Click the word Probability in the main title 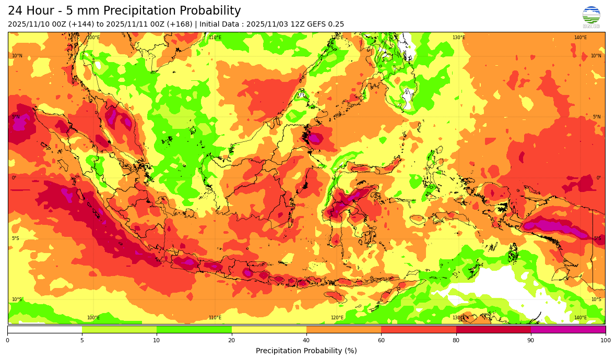(207, 11)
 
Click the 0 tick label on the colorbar (7, 341)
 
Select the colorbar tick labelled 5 (82, 341)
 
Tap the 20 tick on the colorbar (231, 341)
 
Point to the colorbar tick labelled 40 (306, 341)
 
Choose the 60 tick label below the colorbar (381, 341)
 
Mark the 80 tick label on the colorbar (456, 341)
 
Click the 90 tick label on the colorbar (531, 341)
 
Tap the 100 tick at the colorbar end (605, 341)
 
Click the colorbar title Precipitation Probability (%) (306, 351)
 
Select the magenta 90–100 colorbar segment (568, 330)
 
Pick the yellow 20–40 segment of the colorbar (269, 330)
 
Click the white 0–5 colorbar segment (45, 330)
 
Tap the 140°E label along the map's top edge (580, 38)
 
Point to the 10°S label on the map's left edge (17, 299)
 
